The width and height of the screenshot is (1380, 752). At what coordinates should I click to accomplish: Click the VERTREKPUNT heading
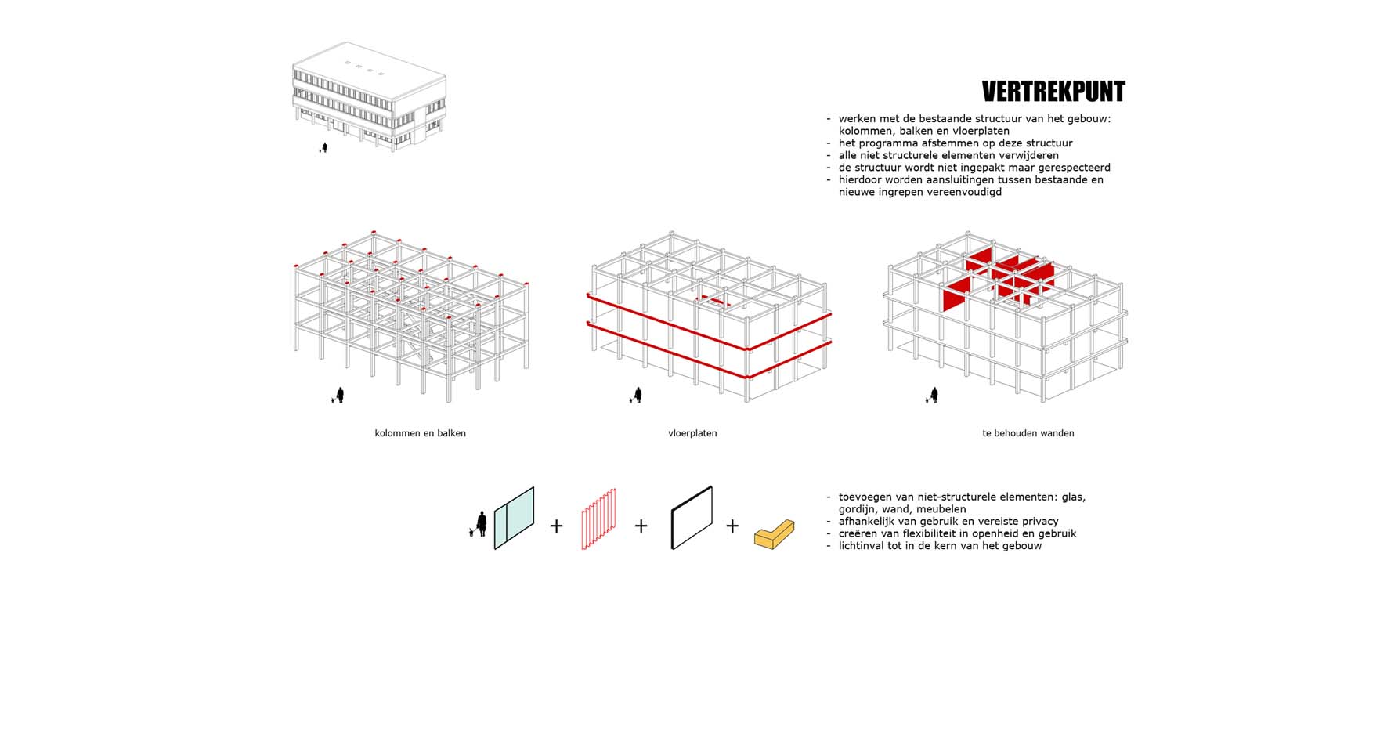pos(1053,92)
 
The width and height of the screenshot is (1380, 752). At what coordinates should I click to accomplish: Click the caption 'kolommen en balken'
pos(421,433)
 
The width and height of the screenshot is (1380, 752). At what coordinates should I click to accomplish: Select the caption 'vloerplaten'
pos(692,433)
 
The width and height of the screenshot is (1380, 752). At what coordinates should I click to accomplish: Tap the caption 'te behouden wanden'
pos(1028,433)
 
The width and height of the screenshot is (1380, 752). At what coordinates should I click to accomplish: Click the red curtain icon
pos(598,519)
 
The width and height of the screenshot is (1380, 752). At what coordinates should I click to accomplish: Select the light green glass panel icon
pos(514,518)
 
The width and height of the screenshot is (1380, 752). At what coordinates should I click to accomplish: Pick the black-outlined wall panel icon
pos(692,518)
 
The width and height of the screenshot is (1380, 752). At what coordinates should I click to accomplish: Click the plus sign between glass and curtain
pos(556,526)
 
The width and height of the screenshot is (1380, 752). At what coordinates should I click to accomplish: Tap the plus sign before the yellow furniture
pos(732,526)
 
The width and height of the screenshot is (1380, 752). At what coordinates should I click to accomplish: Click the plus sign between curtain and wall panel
pos(641,526)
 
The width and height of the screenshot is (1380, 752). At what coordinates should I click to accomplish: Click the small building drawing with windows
pos(369,96)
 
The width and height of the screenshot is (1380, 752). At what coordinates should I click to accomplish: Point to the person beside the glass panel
pos(482,523)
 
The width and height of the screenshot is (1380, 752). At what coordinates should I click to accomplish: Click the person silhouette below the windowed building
pos(324,147)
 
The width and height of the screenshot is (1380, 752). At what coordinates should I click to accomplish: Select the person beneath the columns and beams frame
pos(340,396)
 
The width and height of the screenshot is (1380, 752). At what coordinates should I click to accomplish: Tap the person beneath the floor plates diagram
pos(638,396)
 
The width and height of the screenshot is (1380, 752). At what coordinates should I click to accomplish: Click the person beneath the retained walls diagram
pos(934,396)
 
